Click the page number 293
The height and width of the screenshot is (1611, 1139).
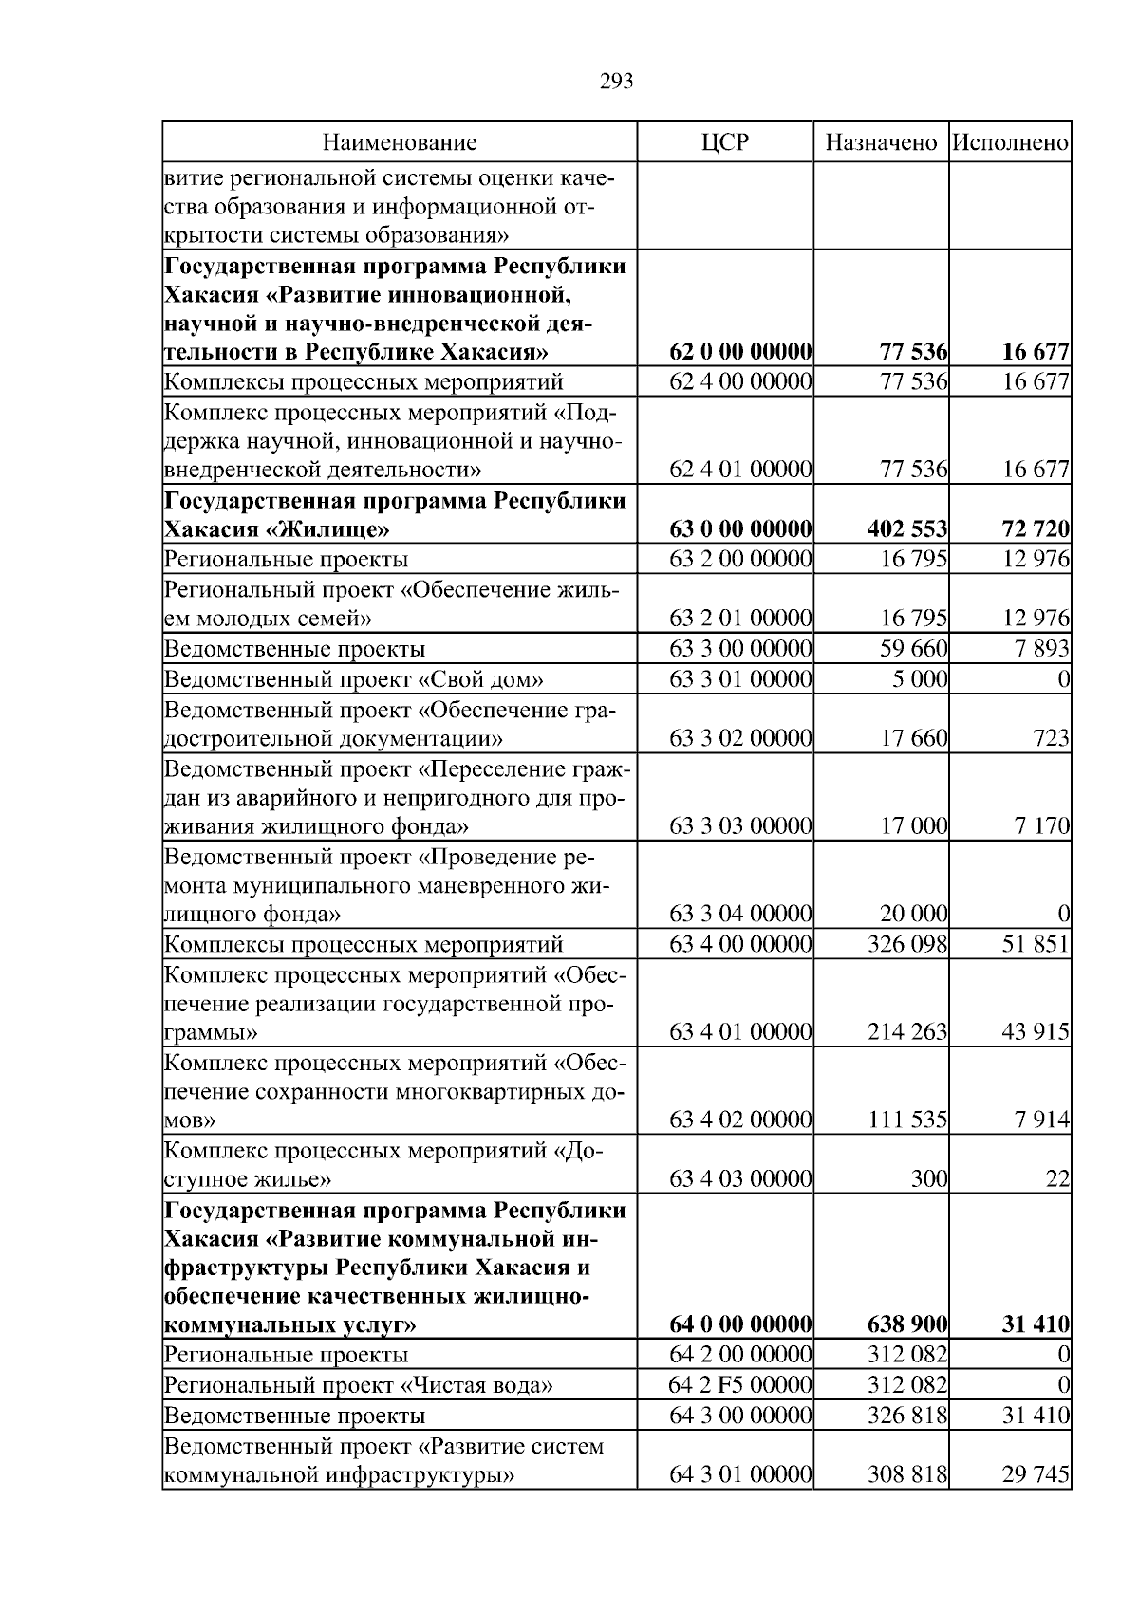(x=616, y=82)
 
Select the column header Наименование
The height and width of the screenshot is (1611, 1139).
(x=400, y=143)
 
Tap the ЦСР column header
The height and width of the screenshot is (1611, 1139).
(x=724, y=143)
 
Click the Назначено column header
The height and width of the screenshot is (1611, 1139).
(x=881, y=143)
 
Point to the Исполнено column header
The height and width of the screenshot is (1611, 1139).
(x=1010, y=143)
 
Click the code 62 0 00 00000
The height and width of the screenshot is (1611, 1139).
(x=740, y=352)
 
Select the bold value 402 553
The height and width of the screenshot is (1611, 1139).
(x=906, y=529)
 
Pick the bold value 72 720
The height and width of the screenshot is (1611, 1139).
(x=1036, y=529)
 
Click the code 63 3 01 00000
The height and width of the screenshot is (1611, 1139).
(x=740, y=679)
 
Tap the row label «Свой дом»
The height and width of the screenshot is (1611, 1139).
(x=354, y=679)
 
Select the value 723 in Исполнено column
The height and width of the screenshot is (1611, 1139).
(x=1052, y=738)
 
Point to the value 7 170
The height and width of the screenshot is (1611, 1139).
(x=1041, y=826)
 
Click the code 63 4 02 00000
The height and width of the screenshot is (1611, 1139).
(x=740, y=1120)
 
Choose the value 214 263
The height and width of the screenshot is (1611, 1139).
(x=906, y=1032)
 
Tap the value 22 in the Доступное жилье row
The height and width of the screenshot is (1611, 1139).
(x=1059, y=1179)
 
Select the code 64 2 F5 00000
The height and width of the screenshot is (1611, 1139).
(x=740, y=1385)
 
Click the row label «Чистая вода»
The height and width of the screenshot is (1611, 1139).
(x=359, y=1385)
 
